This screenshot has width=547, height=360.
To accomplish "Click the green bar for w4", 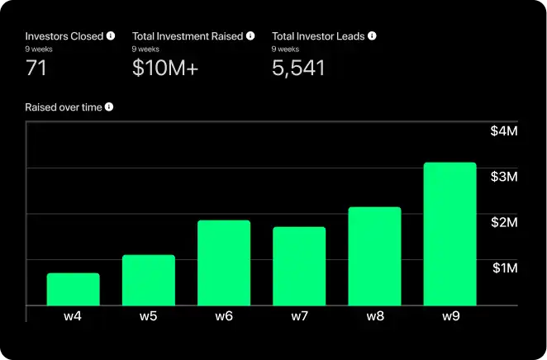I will tap(73, 289).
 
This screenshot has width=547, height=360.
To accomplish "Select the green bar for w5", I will tap(149, 280).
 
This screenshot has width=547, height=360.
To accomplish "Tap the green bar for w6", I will tap(224, 263).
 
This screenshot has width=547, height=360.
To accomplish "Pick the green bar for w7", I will tap(299, 266).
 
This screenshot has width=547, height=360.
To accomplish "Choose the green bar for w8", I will tap(374, 256).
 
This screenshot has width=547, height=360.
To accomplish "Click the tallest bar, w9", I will tap(449, 234).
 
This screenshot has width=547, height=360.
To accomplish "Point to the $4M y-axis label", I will tap(504, 131).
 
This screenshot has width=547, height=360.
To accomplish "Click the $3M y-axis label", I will tap(504, 177).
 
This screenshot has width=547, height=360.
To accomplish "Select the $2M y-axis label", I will tap(504, 222).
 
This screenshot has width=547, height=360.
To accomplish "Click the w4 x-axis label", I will tap(73, 316).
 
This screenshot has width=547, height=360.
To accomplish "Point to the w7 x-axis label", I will tap(299, 316).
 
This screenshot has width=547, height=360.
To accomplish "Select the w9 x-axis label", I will tap(449, 316).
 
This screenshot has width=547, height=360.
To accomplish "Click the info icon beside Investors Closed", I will tap(111, 36).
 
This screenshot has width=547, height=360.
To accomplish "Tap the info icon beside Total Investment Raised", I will tap(250, 36).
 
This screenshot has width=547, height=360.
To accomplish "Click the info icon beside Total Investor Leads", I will tap(372, 36).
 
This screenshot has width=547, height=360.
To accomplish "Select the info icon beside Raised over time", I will tap(108, 107).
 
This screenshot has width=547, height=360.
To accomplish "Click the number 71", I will tap(36, 69).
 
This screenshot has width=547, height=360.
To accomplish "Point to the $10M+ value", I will tap(165, 69).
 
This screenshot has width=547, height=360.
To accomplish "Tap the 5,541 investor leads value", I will tap(297, 69).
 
